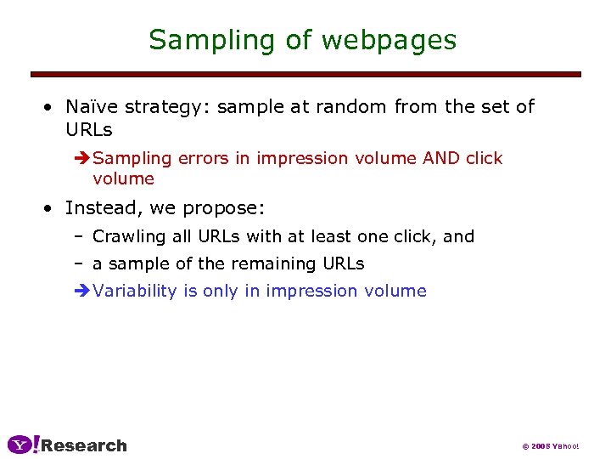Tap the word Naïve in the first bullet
click(92, 106)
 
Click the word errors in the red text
click(205, 158)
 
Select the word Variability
click(135, 291)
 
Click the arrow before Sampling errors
click(82, 158)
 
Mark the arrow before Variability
click(82, 291)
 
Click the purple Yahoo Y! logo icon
click(24, 445)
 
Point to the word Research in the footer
click(84, 445)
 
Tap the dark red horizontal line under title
click(305, 75)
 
